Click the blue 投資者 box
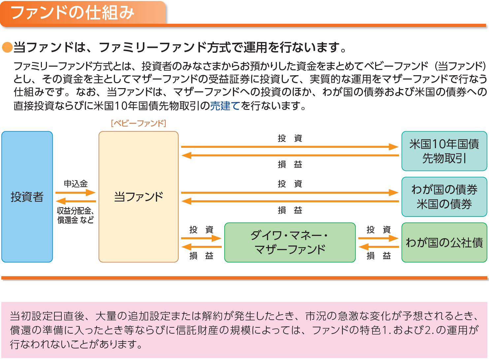[27, 197]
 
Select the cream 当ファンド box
[138, 197]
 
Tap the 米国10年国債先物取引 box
[444, 151]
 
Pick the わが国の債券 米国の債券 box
[444, 197]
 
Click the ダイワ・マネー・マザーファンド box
[290, 243]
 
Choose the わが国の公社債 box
[444, 243]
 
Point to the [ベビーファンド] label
[139, 123]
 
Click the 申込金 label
[76, 183]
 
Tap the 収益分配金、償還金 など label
[76, 215]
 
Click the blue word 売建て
[225, 106]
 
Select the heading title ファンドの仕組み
[73, 13]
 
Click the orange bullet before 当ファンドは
[7, 47]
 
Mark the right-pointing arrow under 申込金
[76, 192]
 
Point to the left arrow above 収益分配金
[76, 201]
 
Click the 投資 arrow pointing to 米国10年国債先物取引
[290, 147]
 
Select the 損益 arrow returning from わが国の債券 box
[290, 201]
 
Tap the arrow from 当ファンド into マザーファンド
[201, 238]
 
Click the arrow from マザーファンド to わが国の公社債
[378, 238]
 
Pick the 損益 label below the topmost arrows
[290, 164]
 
